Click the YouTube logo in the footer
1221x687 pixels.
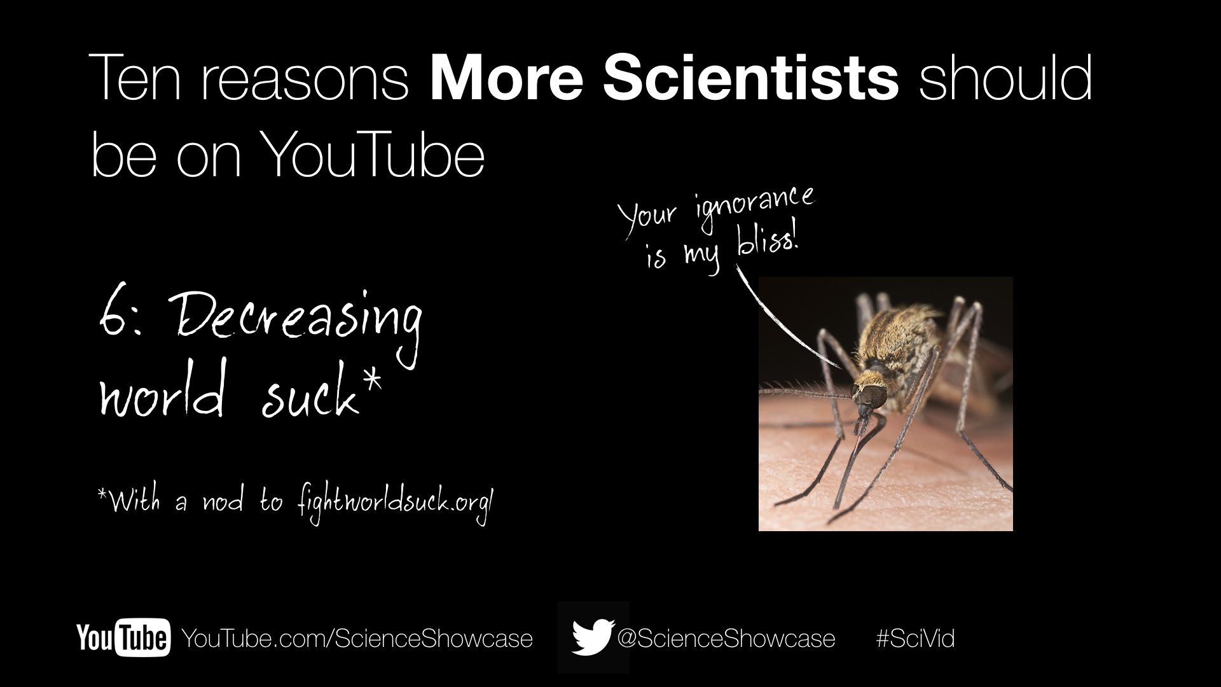(123, 637)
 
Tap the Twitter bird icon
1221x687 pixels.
(593, 637)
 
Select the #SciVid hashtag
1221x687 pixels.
(915, 638)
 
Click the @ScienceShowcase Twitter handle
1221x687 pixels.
(726, 638)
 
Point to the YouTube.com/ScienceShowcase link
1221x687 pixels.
(357, 638)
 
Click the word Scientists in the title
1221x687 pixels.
(751, 79)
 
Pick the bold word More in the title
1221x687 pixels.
(506, 79)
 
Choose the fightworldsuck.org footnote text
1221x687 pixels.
(395, 504)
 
